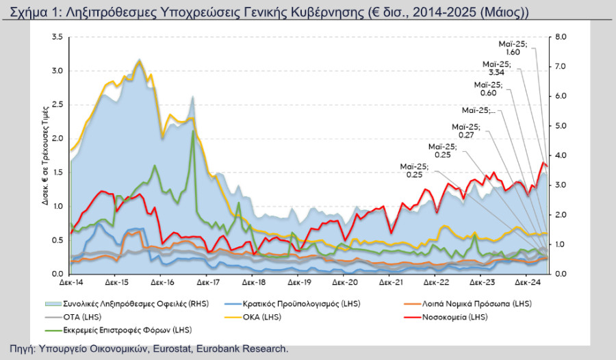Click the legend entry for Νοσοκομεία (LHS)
point(446,317)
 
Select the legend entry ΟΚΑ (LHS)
point(253,317)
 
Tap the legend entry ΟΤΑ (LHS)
point(73,317)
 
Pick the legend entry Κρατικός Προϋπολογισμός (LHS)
point(292,304)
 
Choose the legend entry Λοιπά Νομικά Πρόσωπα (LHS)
point(468,304)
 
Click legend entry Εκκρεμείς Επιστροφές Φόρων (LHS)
point(118,330)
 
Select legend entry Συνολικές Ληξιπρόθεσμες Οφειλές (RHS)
point(127,304)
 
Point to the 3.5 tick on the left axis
point(57,37)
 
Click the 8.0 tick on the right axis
point(560,37)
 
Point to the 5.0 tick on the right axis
point(560,126)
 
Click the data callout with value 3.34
point(497,68)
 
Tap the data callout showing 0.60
point(488,89)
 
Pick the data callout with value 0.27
point(466,131)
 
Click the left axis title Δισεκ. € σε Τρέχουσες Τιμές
point(46,155)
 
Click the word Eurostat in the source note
point(172,349)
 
